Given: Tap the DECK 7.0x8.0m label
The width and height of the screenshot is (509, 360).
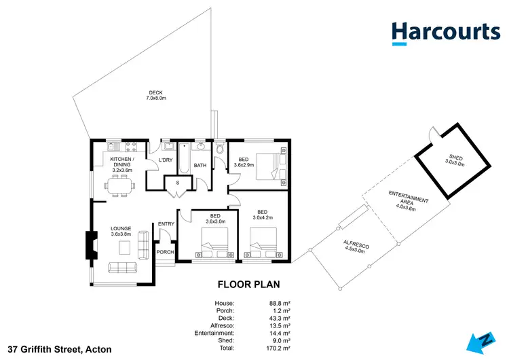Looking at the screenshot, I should (155, 96).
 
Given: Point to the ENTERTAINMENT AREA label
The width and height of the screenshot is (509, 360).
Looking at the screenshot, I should (407, 202).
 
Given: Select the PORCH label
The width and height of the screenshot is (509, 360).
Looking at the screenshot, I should (165, 252).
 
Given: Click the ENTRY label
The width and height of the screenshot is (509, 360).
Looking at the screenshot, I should (166, 224).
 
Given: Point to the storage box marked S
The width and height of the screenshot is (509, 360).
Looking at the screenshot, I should (178, 183).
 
